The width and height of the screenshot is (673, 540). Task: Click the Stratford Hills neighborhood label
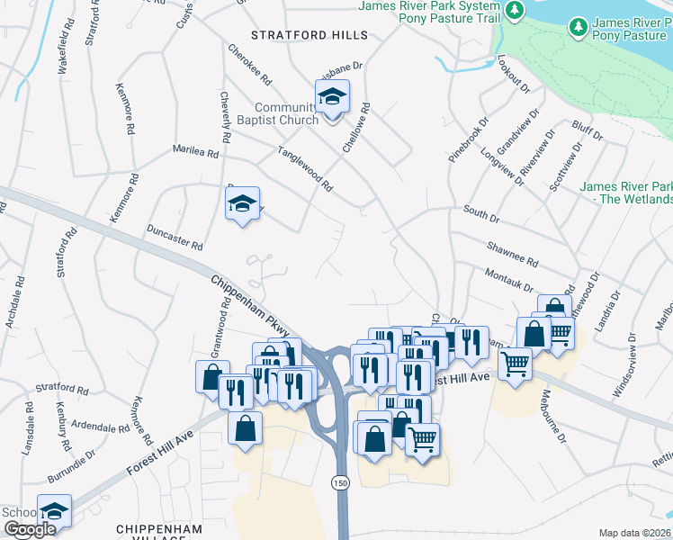tap(310, 35)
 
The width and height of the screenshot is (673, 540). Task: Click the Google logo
tap(30, 529)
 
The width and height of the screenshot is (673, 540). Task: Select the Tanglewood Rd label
tap(305, 170)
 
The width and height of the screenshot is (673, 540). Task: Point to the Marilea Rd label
tap(196, 153)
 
